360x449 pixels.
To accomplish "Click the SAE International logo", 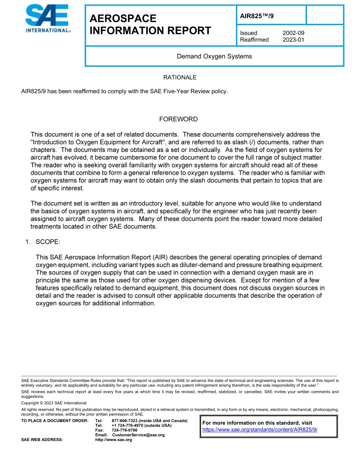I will click(47, 19).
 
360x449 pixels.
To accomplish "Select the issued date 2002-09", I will click(293, 33).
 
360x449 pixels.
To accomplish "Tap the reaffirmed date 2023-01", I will click(293, 40).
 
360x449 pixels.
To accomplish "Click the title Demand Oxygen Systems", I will click(214, 56).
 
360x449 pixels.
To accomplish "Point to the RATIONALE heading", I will click(180, 77).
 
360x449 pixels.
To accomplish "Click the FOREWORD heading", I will click(178, 119).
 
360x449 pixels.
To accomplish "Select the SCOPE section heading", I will click(48, 242).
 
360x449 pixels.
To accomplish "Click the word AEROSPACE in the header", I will click(123, 19).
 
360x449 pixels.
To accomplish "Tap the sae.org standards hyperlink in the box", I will click(260, 430).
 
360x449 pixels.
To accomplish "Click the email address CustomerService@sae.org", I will click(138, 435).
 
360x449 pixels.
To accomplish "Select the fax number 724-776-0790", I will click(124, 430).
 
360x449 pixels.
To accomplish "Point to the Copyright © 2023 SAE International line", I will click(54, 403).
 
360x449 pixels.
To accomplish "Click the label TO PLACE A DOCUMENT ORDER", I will click(55, 421).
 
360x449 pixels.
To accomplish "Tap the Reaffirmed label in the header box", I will click(254, 40).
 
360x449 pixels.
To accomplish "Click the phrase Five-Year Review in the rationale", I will click(180, 91).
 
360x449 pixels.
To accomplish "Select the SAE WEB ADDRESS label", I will click(42, 440).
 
